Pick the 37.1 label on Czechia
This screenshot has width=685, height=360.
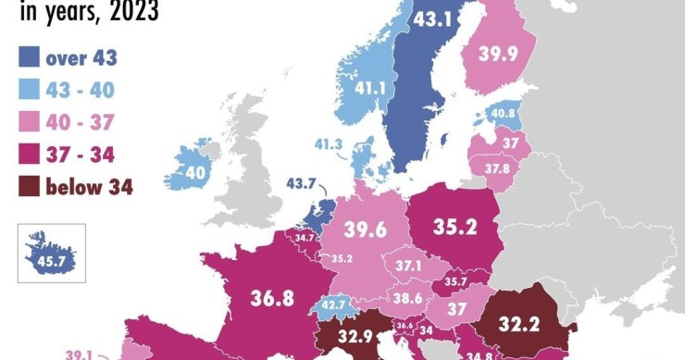pos(407,266)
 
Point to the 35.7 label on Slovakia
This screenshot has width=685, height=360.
pos(455,281)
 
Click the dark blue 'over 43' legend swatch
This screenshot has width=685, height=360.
pos(28,59)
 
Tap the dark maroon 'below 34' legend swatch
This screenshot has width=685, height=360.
pos(28,186)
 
